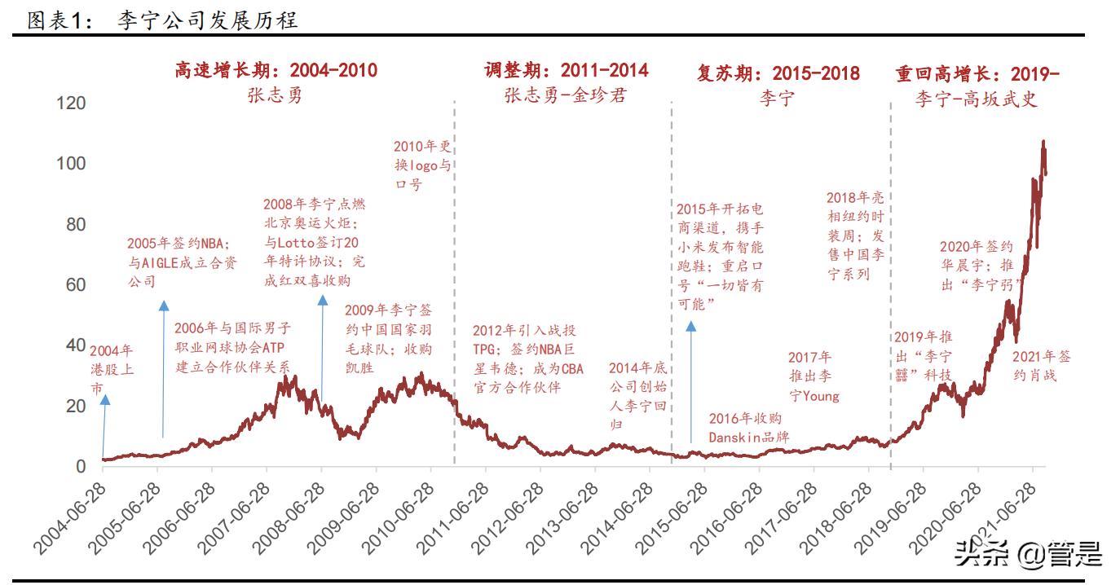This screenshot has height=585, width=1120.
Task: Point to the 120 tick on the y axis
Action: (x=70, y=103)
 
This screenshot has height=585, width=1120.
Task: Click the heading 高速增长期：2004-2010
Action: (x=276, y=70)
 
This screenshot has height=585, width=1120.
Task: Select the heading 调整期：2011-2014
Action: (x=566, y=70)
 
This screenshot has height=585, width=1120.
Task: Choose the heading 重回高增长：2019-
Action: (x=977, y=73)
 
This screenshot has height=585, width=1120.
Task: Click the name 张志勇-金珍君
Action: (x=565, y=96)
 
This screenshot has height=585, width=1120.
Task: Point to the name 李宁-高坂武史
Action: (x=976, y=99)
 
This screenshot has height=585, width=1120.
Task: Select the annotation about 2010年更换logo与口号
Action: (x=421, y=165)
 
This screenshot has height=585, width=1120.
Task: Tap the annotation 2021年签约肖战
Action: (x=1042, y=367)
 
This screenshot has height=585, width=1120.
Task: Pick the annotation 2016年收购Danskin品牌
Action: (x=748, y=428)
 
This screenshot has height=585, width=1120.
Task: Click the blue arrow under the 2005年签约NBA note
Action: (x=163, y=367)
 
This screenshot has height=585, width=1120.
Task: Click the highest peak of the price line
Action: (x=1043, y=143)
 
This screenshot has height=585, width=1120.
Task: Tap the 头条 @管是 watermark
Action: (x=1029, y=554)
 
